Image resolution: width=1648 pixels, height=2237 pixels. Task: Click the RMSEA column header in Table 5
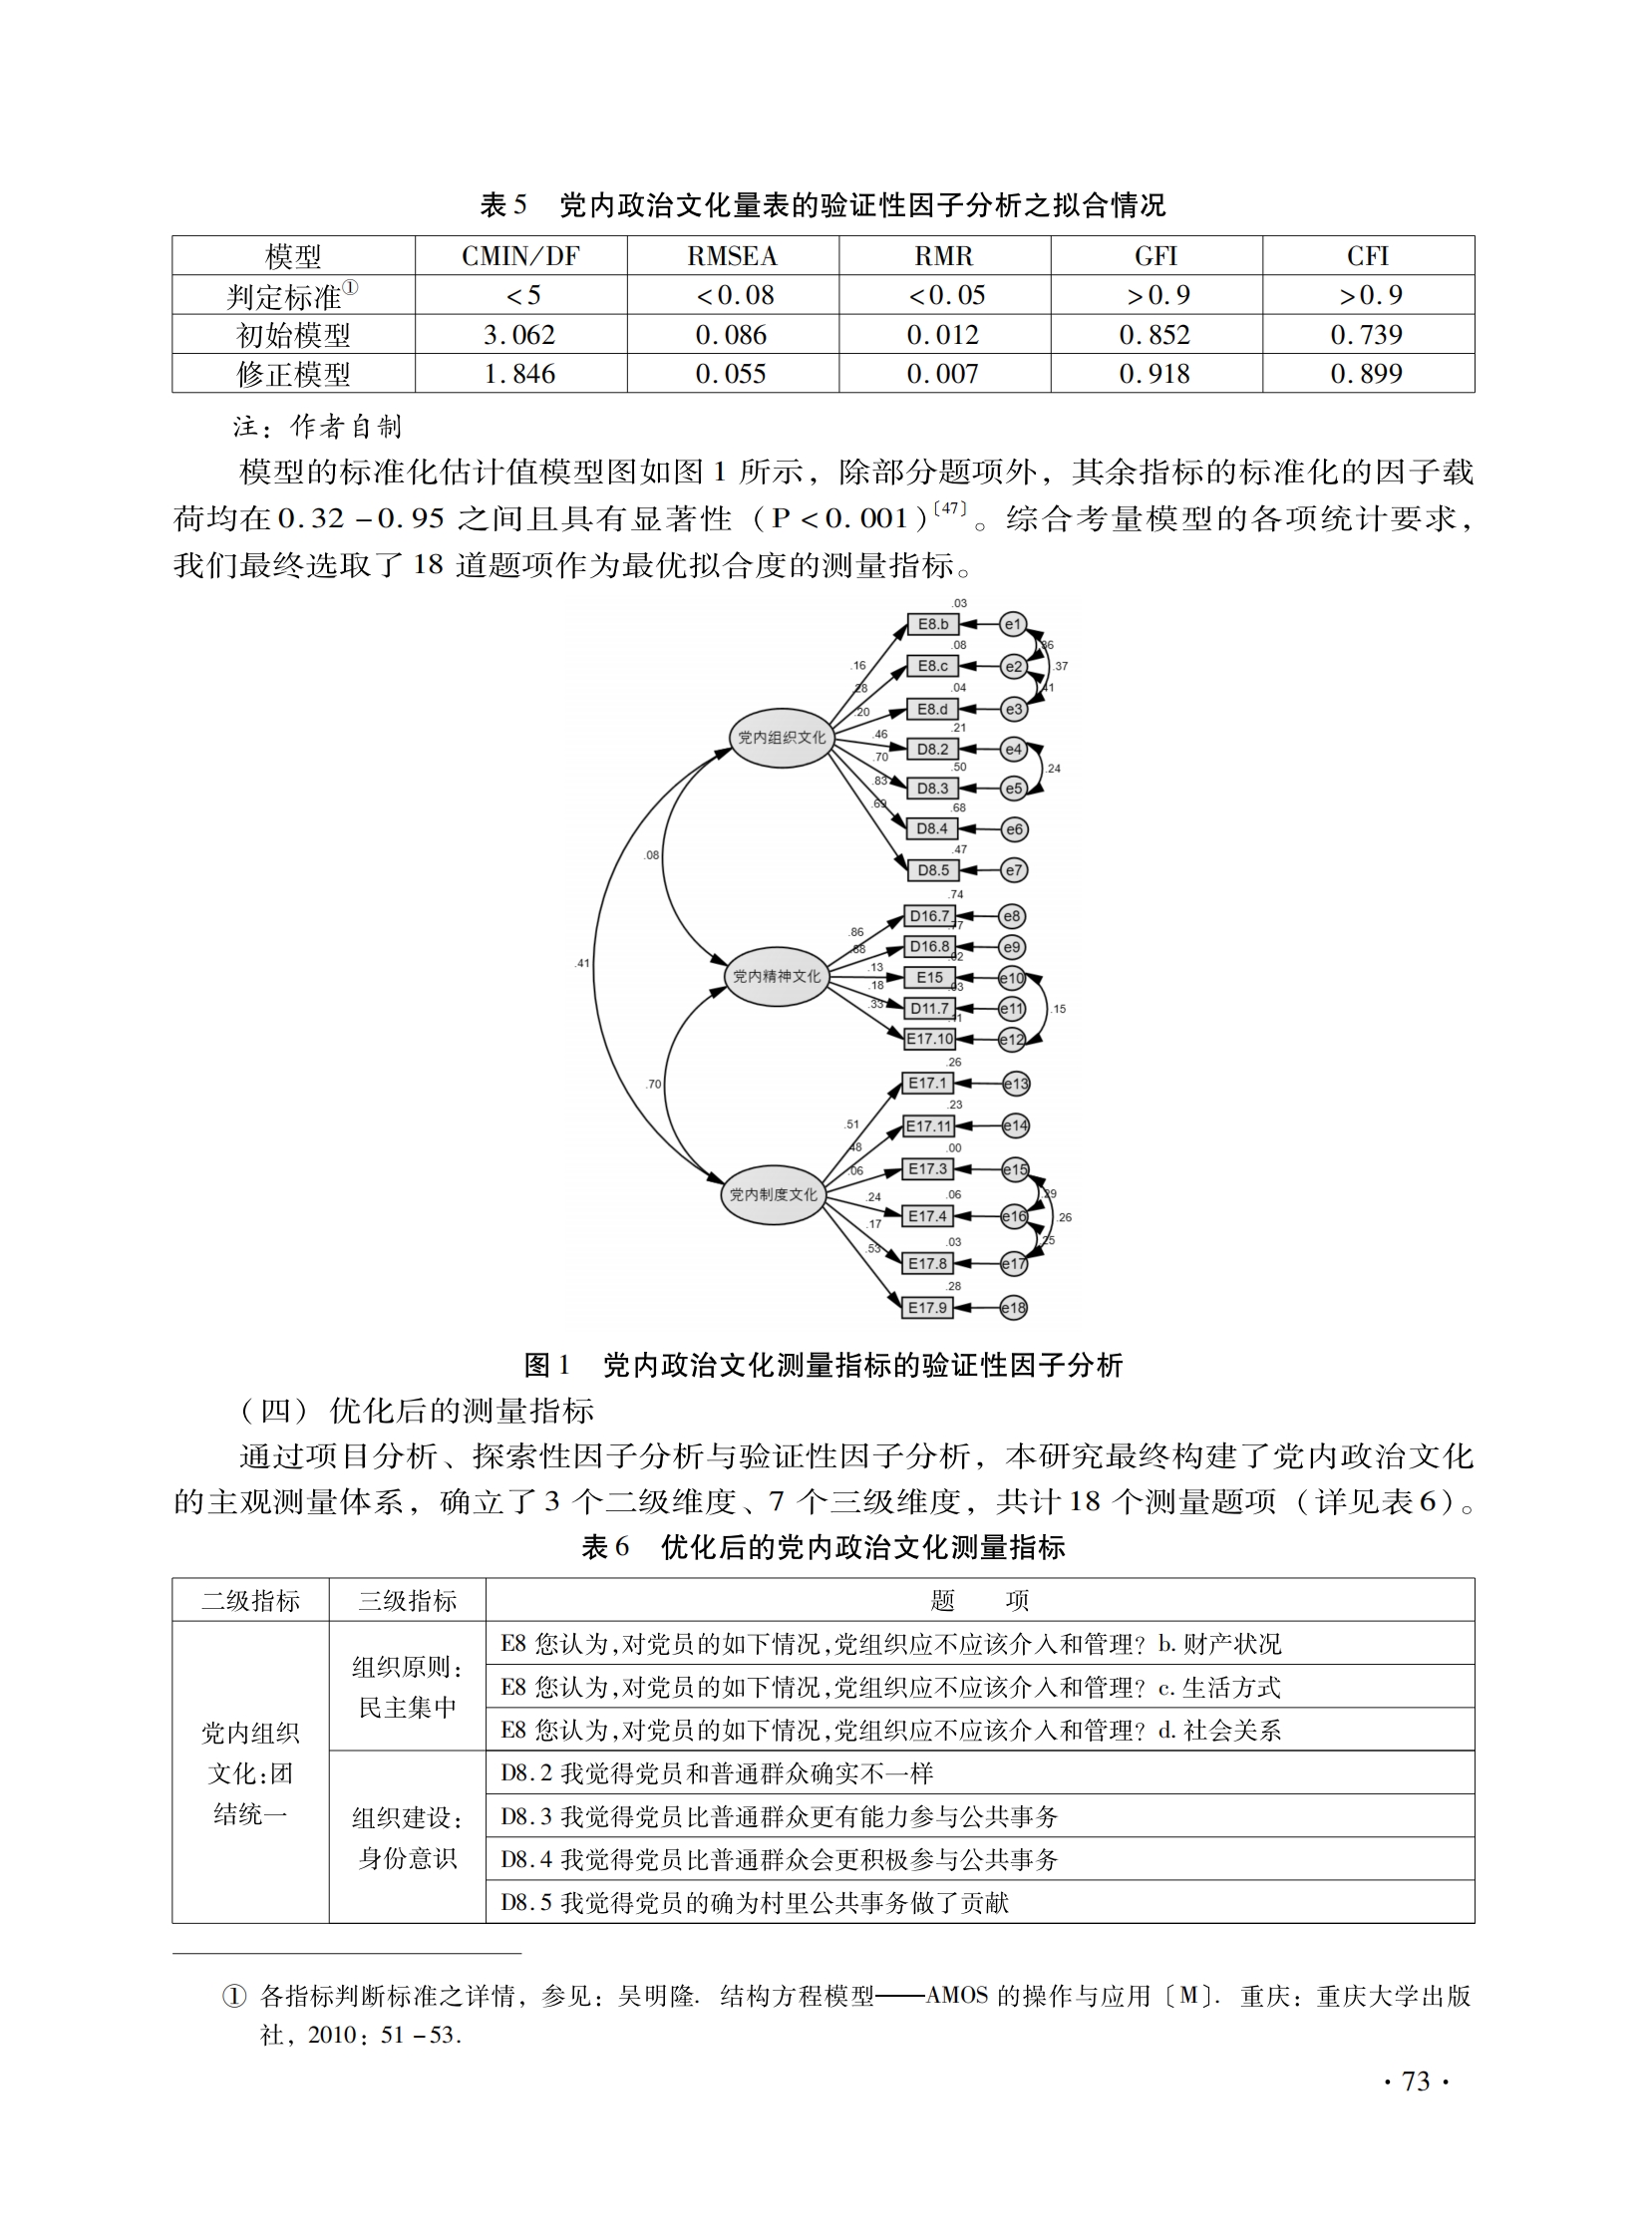731,256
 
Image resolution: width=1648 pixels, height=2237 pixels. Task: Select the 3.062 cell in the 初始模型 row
518,335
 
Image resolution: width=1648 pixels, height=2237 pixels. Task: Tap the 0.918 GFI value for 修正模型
1154,374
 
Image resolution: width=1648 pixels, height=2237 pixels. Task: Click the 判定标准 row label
292,296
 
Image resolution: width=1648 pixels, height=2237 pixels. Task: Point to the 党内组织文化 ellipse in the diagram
781,738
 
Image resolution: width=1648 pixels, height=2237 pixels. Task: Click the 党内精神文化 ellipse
776,976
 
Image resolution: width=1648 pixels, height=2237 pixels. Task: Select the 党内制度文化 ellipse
773,1194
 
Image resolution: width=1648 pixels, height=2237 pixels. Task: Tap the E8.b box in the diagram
933,624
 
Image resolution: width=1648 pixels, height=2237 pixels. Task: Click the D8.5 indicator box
933,869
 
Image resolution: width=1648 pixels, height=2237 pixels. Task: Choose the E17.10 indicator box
929,1038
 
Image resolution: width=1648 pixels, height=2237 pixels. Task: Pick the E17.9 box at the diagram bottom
927,1308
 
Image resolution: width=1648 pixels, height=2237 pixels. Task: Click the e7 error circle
1014,870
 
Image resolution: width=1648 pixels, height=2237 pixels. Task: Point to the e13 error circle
1016,1084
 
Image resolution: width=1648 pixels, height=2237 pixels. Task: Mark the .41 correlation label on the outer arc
582,963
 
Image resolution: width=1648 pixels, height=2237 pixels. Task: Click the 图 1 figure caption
823,1366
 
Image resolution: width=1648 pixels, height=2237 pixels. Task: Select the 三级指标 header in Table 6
407,1601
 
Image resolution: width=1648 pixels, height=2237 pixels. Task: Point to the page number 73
1416,2081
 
